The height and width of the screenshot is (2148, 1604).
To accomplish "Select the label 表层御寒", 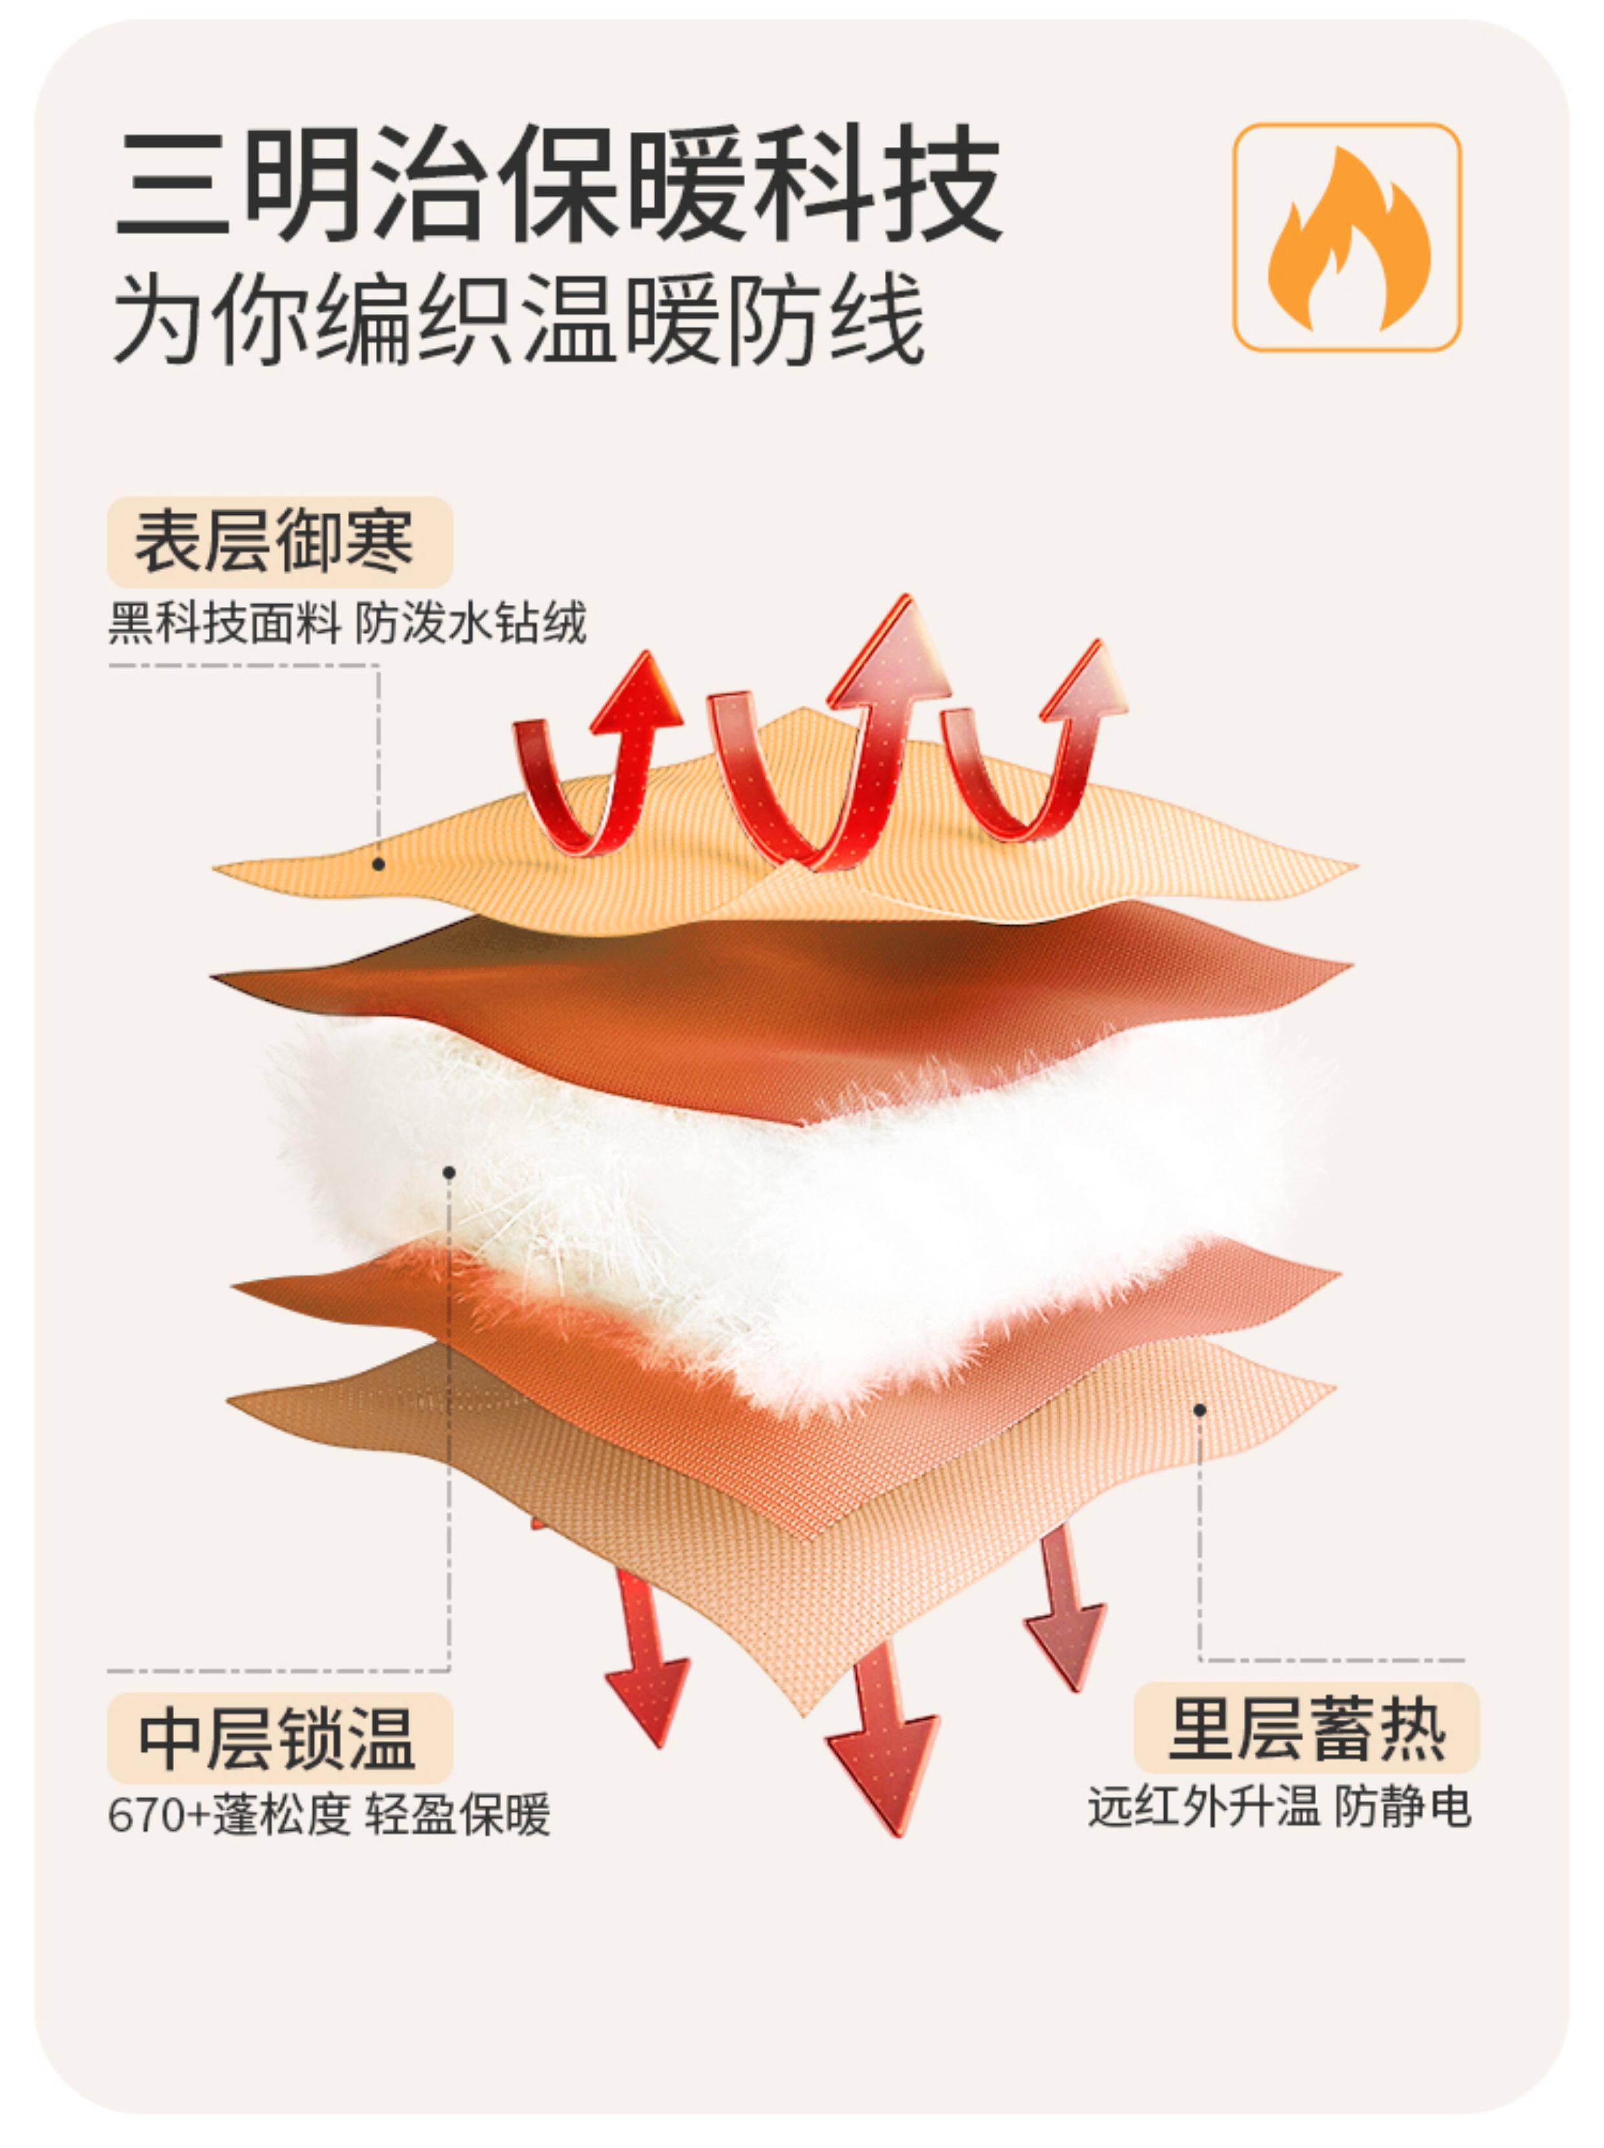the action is tap(279, 542).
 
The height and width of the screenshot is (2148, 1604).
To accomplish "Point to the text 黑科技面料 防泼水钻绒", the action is tap(347, 622).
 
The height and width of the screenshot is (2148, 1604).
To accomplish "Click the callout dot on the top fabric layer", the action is tap(378, 863).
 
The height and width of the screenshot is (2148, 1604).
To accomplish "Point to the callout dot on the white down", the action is tap(449, 1172).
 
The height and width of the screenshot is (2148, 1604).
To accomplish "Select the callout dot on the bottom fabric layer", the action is tap(1200, 1409).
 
